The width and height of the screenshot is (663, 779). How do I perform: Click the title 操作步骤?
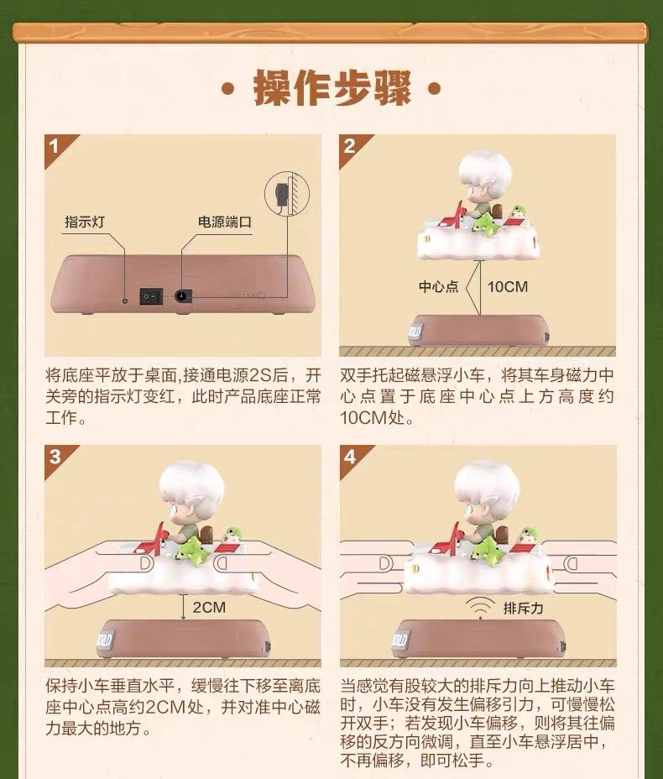point(331,88)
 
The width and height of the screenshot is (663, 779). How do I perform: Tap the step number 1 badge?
point(55,147)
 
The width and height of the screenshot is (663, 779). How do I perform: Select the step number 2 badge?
point(351,147)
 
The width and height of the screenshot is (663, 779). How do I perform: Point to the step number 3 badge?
point(55,457)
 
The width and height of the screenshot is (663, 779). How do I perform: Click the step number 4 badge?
point(351,457)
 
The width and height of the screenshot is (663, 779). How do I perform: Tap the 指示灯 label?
point(85,222)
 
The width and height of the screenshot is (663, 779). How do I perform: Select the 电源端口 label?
point(225,222)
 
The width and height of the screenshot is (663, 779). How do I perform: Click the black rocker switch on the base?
point(151,296)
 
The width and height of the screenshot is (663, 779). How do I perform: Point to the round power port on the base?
point(183,296)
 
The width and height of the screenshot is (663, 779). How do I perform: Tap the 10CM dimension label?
point(507,286)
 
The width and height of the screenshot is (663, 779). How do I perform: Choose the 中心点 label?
point(439,286)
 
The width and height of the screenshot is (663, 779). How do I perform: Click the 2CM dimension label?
point(209,607)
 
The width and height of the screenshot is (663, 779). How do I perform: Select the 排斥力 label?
point(524,608)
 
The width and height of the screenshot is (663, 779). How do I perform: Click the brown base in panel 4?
point(478,640)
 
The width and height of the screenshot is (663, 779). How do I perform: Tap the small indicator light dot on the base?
point(125,300)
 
